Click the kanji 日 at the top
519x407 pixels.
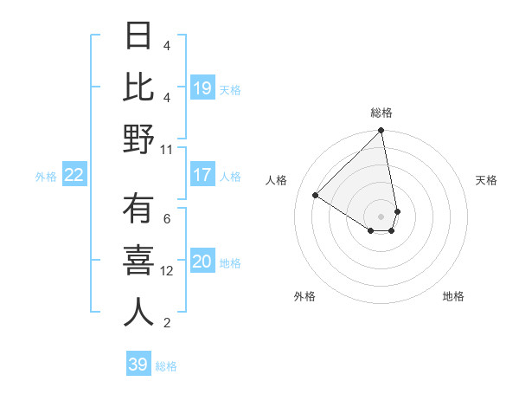pos(138,36)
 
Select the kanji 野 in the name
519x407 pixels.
pos(138,139)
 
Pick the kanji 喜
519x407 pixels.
pos(138,262)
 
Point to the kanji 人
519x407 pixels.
pos(138,313)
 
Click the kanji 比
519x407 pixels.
pos(138,87)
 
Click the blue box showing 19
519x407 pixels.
pos(202,88)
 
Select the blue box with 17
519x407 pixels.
pos(202,175)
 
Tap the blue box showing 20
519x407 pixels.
pos(202,262)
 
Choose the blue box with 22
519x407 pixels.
pos(74,176)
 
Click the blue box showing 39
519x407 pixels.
pos(138,365)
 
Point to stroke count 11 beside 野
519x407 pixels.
pos(167,149)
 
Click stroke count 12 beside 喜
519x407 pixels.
pos(167,271)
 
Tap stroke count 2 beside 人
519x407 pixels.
pos(167,323)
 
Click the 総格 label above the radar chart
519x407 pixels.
pos(381,113)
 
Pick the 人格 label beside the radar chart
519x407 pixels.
pos(277,180)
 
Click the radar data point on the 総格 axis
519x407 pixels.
pos(381,132)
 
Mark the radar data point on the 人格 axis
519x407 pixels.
pos(316,196)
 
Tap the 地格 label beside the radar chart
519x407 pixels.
pos(453,296)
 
